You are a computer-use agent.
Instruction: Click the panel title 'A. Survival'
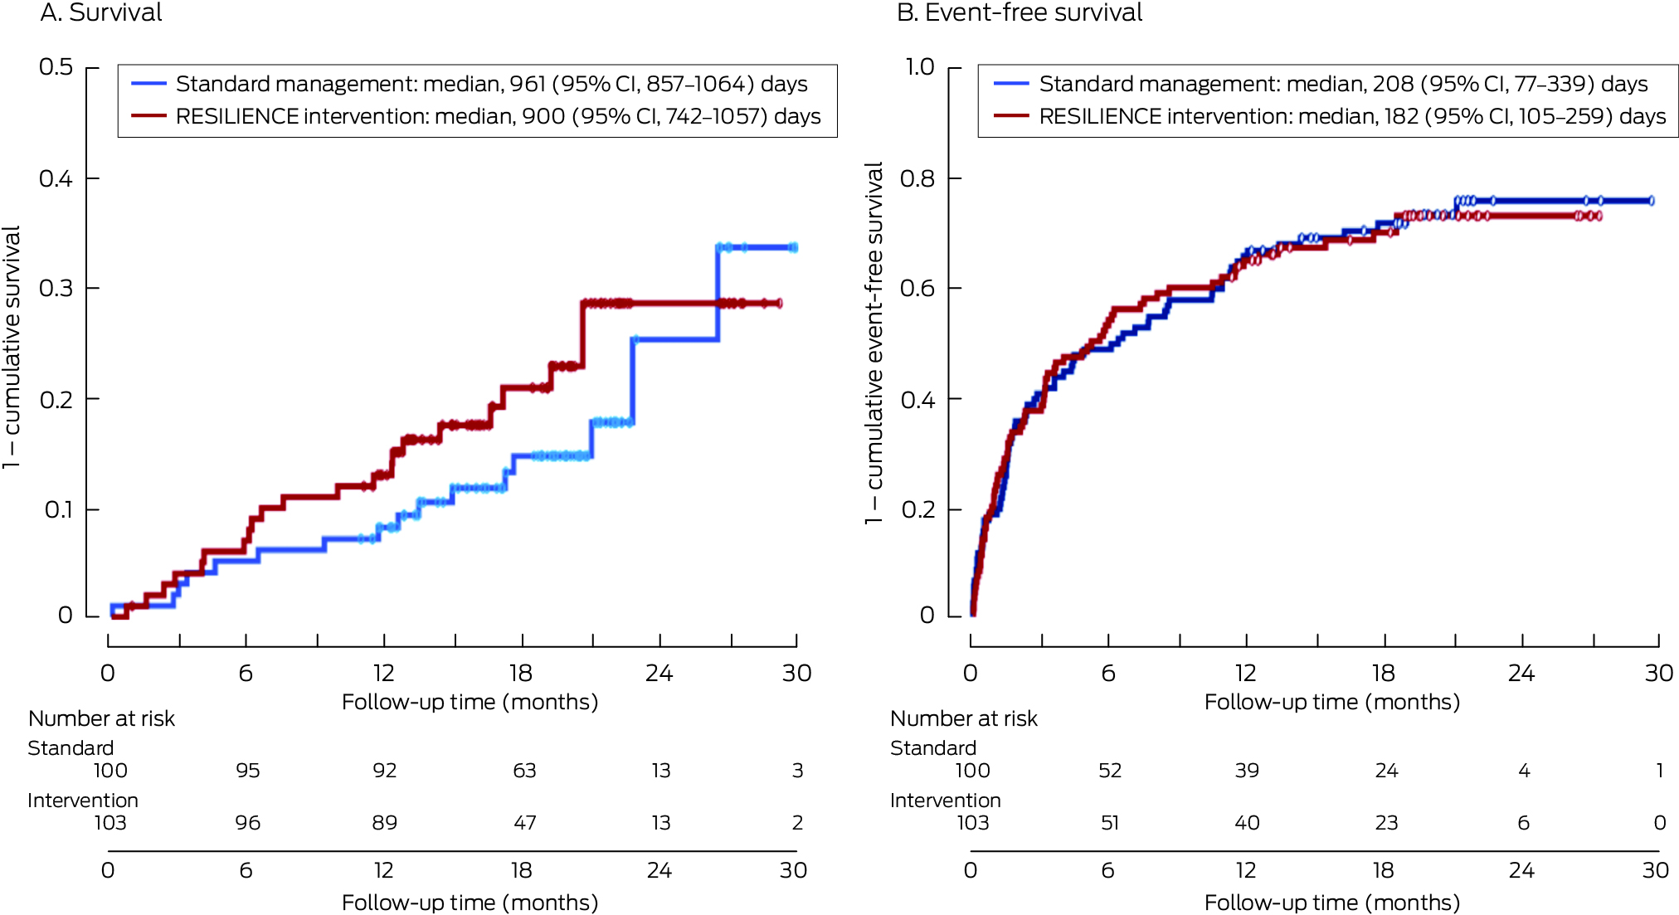click(101, 13)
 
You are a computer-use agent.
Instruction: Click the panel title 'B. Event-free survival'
click(1020, 13)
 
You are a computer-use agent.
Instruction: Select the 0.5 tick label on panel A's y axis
click(56, 67)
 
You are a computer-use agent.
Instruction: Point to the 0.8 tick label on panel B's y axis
click(917, 178)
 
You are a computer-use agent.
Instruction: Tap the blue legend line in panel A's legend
click(148, 84)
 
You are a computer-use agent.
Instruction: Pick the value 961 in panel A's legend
click(528, 84)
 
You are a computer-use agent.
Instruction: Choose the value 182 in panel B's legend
click(1401, 116)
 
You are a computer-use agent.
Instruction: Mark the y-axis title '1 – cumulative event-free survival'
click(874, 343)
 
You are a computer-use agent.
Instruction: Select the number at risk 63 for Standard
click(524, 771)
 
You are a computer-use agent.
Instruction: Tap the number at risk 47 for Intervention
click(524, 823)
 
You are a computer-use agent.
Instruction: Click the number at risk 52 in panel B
click(1110, 771)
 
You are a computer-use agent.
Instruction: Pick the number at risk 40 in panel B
click(1247, 823)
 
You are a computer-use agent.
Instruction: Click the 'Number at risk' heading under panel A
click(101, 718)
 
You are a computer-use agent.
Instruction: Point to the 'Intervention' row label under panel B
click(945, 801)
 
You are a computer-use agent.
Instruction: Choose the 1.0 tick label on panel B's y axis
click(919, 67)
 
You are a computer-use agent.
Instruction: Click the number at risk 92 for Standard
click(384, 771)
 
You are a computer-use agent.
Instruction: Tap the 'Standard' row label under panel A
click(71, 748)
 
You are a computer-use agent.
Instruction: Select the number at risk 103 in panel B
click(972, 823)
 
